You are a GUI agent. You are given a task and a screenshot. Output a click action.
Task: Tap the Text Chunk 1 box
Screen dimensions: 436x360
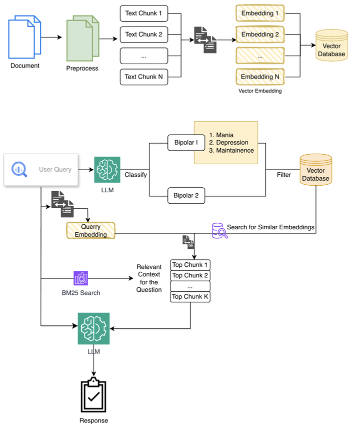click(x=143, y=13)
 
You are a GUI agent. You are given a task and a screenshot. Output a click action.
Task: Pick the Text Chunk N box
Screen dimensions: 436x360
click(x=143, y=77)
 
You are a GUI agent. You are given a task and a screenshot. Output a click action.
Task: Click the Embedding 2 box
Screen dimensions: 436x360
click(x=259, y=35)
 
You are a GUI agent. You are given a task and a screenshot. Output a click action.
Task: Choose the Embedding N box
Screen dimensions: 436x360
click(x=259, y=77)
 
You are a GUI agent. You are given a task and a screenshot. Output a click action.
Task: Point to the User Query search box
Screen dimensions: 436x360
click(x=41, y=169)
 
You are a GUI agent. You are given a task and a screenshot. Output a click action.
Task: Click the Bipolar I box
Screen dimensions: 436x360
click(x=186, y=142)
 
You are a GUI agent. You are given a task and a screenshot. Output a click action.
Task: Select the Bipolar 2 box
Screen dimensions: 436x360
click(x=186, y=196)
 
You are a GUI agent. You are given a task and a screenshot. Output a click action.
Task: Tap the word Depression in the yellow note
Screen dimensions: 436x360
click(x=232, y=143)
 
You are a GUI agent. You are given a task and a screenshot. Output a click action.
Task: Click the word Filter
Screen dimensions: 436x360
click(x=283, y=175)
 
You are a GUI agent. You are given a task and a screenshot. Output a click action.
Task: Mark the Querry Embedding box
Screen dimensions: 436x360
click(x=90, y=230)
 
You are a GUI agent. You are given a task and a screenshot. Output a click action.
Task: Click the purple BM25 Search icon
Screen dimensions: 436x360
click(x=80, y=278)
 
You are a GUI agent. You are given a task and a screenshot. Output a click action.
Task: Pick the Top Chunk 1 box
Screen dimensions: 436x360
click(x=189, y=265)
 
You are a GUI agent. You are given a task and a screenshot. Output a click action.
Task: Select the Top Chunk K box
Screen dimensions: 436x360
click(x=189, y=297)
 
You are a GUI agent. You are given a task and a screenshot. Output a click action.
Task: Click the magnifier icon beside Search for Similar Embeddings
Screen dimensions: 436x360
click(x=219, y=230)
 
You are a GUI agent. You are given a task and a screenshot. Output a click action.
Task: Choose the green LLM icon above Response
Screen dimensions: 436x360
click(x=93, y=328)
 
